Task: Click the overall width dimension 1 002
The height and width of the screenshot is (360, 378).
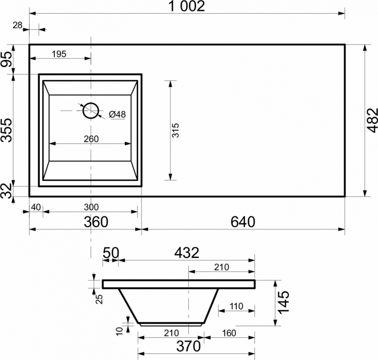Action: [187, 6]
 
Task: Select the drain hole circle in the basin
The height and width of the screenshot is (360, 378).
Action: [91, 111]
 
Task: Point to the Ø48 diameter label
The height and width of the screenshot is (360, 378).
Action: [117, 114]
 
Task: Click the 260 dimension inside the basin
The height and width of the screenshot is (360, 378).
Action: [91, 139]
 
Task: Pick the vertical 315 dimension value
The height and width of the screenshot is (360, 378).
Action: [176, 130]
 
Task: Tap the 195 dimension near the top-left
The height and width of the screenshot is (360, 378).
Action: [59, 54]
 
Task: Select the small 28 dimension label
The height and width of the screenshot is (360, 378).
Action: [18, 25]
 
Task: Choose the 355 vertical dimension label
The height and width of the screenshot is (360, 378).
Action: [6, 130]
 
